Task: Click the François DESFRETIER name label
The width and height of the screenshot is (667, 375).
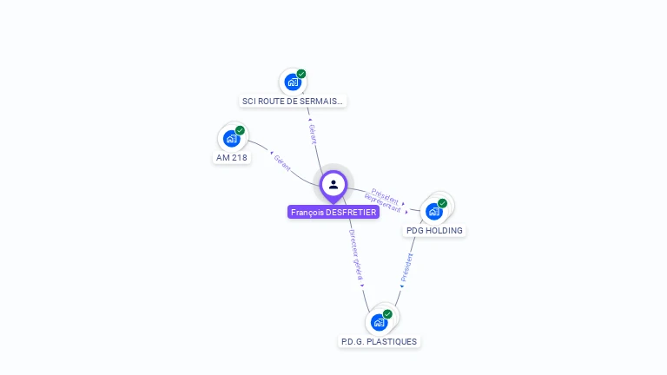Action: pyautogui.click(x=333, y=212)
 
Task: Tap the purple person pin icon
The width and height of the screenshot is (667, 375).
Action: pyautogui.click(x=333, y=187)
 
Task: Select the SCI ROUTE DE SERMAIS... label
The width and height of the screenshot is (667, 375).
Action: pyautogui.click(x=293, y=102)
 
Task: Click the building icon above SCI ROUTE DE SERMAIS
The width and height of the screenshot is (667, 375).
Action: pyautogui.click(x=293, y=82)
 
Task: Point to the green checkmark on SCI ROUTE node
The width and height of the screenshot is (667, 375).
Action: pyautogui.click(x=301, y=74)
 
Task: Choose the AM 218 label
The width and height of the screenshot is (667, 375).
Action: pyautogui.click(x=231, y=158)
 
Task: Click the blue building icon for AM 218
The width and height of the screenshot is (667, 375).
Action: pyautogui.click(x=231, y=139)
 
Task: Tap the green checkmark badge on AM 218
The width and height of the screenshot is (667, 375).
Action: pyautogui.click(x=240, y=130)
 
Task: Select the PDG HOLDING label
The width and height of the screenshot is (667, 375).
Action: pyautogui.click(x=434, y=230)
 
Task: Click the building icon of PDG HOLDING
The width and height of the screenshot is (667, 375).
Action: pyautogui.click(x=434, y=212)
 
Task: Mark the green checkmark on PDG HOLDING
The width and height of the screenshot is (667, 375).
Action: pyautogui.click(x=442, y=204)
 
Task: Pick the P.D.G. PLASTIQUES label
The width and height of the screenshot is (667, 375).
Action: pyautogui.click(x=379, y=342)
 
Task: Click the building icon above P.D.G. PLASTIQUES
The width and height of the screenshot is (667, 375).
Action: pyautogui.click(x=379, y=323)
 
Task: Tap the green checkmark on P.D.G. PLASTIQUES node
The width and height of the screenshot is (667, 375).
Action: pyautogui.click(x=387, y=314)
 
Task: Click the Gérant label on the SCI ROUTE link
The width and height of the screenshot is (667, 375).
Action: pyautogui.click(x=313, y=134)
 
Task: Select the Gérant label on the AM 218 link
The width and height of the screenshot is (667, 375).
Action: pyautogui.click(x=282, y=163)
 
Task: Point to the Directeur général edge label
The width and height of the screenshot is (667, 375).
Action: pyautogui.click(x=356, y=254)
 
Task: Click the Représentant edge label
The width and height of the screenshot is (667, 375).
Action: pyautogui.click(x=382, y=203)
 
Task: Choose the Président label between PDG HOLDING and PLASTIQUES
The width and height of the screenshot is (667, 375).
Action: pyautogui.click(x=407, y=267)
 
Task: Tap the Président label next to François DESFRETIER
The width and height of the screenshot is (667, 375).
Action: pyautogui.click(x=385, y=196)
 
